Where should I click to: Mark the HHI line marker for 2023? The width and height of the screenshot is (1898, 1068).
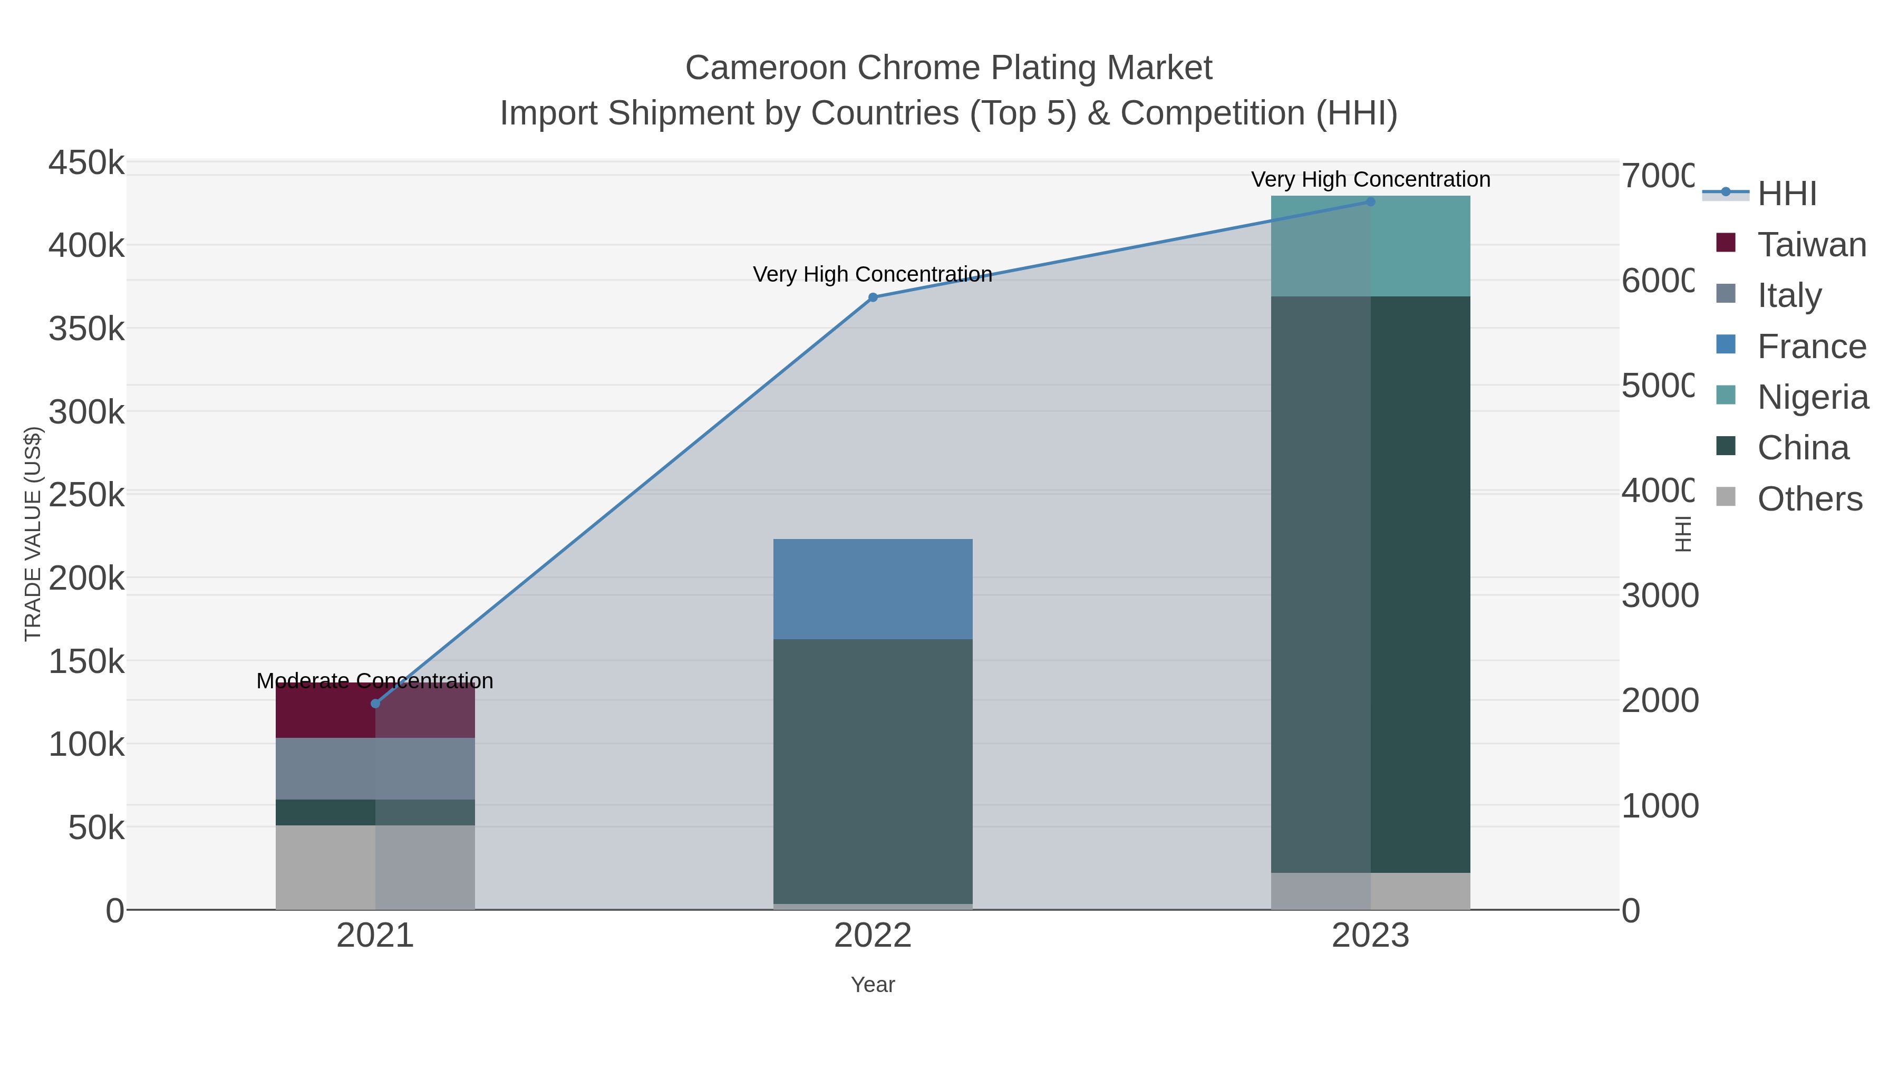click(1370, 201)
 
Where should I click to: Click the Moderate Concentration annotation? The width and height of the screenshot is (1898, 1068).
click(374, 680)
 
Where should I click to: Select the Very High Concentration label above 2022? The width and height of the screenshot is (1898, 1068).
click(873, 274)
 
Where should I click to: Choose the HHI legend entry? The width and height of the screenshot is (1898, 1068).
click(1786, 194)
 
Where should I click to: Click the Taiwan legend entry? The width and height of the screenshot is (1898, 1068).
click(1811, 245)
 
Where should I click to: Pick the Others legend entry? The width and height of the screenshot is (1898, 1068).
click(1809, 499)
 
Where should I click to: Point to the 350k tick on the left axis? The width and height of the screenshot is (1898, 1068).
click(86, 329)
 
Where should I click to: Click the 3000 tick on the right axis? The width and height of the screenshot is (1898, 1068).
click(1659, 595)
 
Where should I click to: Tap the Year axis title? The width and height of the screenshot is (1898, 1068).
click(873, 985)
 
